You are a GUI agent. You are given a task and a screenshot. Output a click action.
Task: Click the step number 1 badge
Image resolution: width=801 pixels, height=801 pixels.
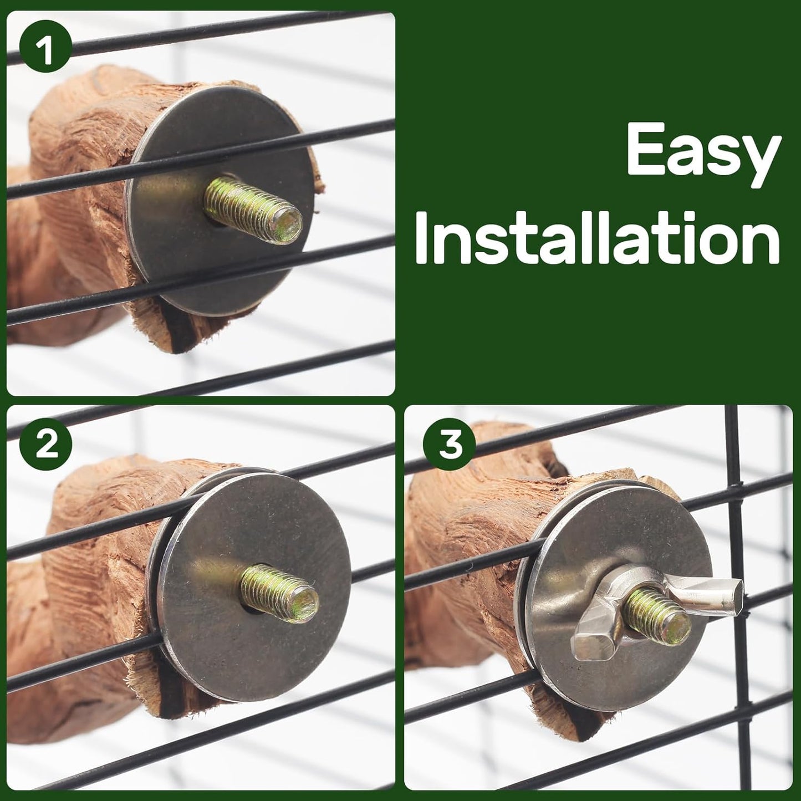click(x=45, y=51)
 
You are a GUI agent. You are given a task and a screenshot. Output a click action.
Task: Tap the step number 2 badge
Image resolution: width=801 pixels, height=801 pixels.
click(x=47, y=445)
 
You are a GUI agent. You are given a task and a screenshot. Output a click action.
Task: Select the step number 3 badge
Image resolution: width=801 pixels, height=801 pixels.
click(x=450, y=445)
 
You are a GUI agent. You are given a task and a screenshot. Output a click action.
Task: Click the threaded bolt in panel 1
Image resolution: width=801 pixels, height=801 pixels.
click(x=252, y=210)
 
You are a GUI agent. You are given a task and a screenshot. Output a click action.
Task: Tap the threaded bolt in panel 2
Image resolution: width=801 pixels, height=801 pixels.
click(x=279, y=591)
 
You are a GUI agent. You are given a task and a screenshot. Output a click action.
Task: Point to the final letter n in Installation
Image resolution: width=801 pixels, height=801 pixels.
click(x=761, y=244)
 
